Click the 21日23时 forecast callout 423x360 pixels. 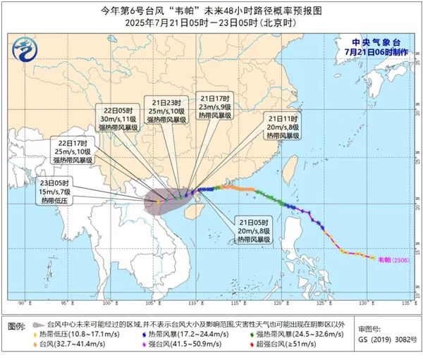(167, 110)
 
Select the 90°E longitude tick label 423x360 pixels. (23, 304)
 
